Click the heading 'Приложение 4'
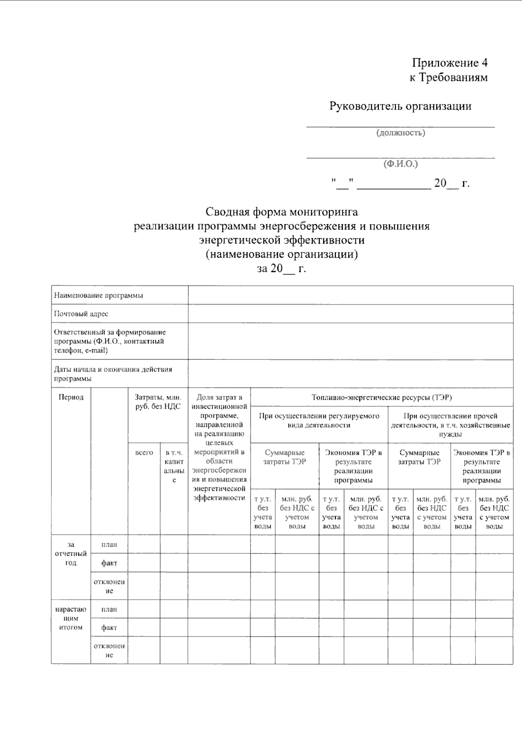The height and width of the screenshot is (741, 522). pyautogui.click(x=449, y=63)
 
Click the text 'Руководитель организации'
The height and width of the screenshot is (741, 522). pyautogui.click(x=400, y=106)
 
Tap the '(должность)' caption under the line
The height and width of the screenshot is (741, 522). pyautogui.click(x=401, y=133)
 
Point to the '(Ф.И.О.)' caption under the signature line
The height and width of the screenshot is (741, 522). pyautogui.click(x=401, y=164)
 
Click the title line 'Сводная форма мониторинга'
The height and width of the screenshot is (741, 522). pyautogui.click(x=281, y=212)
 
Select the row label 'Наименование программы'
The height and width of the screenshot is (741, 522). pyautogui.click(x=98, y=295)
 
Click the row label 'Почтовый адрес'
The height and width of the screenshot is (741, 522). pyautogui.click(x=81, y=314)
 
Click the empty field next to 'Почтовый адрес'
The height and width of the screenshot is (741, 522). pyautogui.click(x=350, y=314)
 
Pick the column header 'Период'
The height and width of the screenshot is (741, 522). pyautogui.click(x=71, y=397)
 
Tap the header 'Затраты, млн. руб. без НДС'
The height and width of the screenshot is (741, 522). pyautogui.click(x=157, y=402)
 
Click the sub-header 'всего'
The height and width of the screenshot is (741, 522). pyautogui.click(x=144, y=453)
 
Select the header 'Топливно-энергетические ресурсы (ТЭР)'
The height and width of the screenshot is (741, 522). pyautogui.click(x=381, y=397)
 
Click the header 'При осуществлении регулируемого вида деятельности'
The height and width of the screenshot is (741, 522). pyautogui.click(x=319, y=420)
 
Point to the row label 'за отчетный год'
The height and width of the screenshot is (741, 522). pyautogui.click(x=71, y=553)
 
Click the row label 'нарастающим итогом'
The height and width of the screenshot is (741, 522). pyautogui.click(x=71, y=618)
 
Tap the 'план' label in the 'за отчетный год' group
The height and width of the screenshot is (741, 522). pyautogui.click(x=109, y=544)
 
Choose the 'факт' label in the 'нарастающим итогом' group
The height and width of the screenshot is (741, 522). pyautogui.click(x=109, y=627)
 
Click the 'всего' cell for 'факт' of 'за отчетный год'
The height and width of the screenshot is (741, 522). pyautogui.click(x=144, y=563)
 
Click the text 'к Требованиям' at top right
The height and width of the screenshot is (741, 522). pyautogui.click(x=448, y=77)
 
